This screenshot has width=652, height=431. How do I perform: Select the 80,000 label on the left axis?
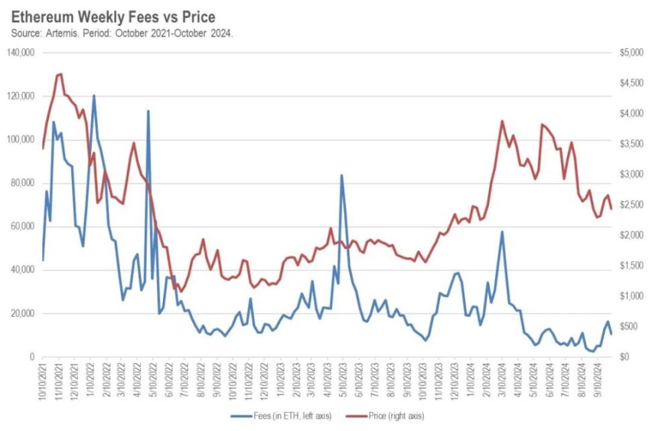[x=23, y=183]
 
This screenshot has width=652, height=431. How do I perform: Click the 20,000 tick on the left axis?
[x=23, y=314]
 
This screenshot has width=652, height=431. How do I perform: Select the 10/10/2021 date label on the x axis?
[x=44, y=379]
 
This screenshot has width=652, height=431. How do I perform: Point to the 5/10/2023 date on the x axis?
[x=344, y=379]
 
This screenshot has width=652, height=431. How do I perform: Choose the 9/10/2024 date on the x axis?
[x=598, y=379]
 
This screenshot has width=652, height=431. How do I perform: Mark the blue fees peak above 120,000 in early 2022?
[x=93, y=95]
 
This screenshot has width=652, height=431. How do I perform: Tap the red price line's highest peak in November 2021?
[x=61, y=74]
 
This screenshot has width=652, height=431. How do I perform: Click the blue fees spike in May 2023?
[x=341, y=175]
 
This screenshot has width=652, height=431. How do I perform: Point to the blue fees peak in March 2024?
[x=502, y=232]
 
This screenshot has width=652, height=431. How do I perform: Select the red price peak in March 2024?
[x=502, y=122]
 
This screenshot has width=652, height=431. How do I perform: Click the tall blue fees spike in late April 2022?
[x=148, y=111]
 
